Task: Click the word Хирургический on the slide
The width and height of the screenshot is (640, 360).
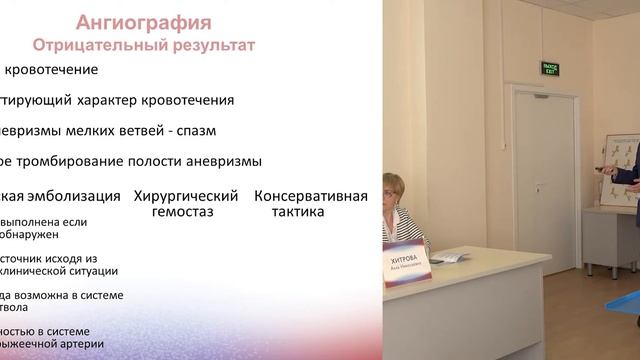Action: point(188,195)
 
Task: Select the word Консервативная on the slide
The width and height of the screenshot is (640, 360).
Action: point(311,195)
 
